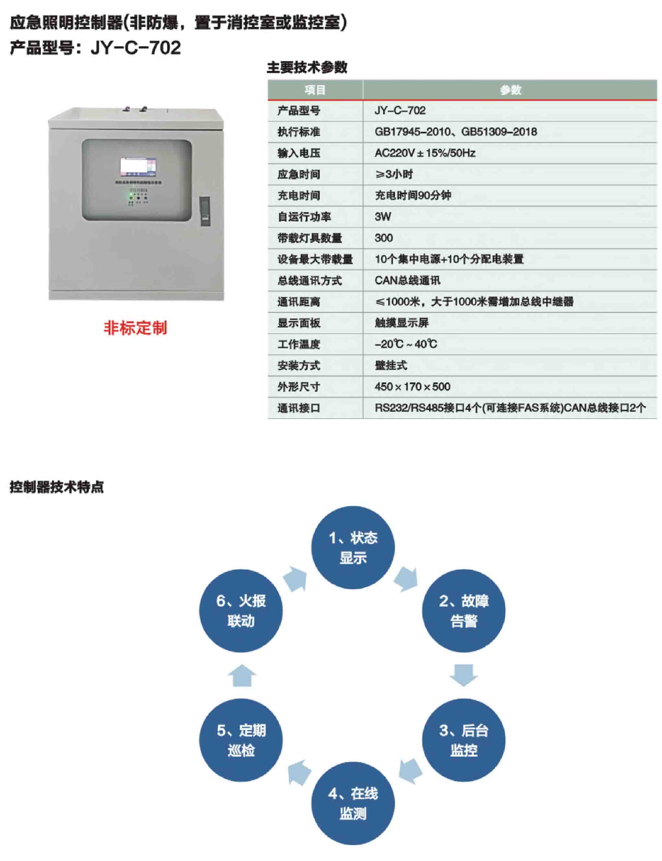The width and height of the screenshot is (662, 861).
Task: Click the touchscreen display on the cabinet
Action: point(138,167)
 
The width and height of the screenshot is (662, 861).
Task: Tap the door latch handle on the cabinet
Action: point(205,211)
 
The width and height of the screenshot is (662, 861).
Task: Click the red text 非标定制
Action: point(135,328)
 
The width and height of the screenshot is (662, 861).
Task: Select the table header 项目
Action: point(315,90)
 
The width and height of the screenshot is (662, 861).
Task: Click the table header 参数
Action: point(510,90)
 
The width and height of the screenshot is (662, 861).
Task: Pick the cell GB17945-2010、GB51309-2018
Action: point(456,132)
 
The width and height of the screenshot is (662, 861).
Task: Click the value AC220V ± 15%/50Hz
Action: point(425,153)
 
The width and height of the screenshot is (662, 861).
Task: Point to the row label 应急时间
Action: point(299,174)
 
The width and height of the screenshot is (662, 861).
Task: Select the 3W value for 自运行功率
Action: point(383,217)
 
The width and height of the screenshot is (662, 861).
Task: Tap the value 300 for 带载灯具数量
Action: point(383,238)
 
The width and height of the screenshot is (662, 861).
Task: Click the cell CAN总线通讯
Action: point(407,281)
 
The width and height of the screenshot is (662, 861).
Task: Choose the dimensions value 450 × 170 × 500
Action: point(412,387)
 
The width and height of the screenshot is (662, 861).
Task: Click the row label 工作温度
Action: point(299,344)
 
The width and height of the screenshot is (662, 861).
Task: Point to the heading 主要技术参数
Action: point(307,67)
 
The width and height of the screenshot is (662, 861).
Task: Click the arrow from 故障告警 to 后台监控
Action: point(463,675)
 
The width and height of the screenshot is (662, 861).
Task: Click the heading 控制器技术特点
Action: point(57,487)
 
